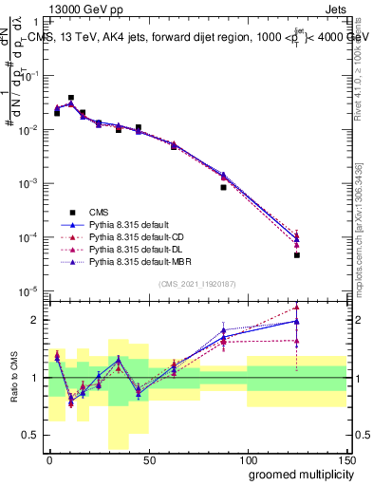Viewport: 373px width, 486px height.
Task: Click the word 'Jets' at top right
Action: coord(337,8)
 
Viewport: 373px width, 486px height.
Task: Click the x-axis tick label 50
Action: coord(148,460)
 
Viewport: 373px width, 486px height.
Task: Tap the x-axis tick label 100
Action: coord(247,460)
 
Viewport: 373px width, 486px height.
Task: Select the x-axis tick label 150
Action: coord(345,460)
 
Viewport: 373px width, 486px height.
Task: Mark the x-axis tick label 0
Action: coord(49,460)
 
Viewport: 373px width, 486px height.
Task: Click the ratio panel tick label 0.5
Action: coord(33,435)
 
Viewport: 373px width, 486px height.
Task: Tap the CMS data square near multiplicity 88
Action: coord(223,187)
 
